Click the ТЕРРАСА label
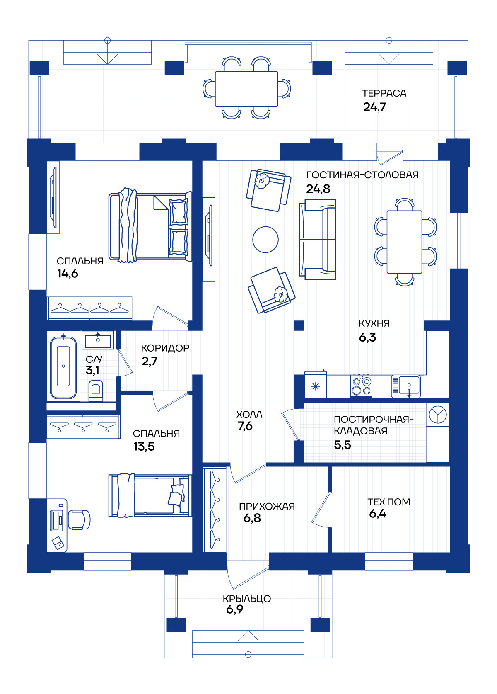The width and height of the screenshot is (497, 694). pyautogui.click(x=384, y=93)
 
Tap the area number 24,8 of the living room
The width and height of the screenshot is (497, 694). pyautogui.click(x=318, y=189)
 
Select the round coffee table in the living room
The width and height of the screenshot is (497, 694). pyautogui.click(x=265, y=240)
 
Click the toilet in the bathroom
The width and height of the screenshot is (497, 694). pyautogui.click(x=96, y=391)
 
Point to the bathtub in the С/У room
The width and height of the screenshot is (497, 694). pyautogui.click(x=63, y=366)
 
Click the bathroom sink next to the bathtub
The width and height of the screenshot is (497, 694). pyautogui.click(x=98, y=340)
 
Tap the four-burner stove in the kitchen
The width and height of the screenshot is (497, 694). pyautogui.click(x=361, y=386)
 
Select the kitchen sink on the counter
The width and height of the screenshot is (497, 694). pyautogui.click(x=406, y=386)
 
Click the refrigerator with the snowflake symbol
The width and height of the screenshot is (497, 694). pyautogui.click(x=316, y=384)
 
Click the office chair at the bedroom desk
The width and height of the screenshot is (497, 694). pyautogui.click(x=79, y=519)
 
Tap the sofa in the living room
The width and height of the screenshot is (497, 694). pyautogui.click(x=318, y=240)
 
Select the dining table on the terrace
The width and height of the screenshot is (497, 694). pyautogui.click(x=246, y=89)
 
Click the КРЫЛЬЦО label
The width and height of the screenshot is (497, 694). pyautogui.click(x=247, y=599)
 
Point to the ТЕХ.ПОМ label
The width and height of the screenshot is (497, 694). pyautogui.click(x=388, y=502)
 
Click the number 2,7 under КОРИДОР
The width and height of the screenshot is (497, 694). pyautogui.click(x=150, y=361)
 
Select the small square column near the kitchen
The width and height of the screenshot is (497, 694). pyautogui.click(x=299, y=325)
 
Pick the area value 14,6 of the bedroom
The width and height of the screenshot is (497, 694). pyautogui.click(x=68, y=274)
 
